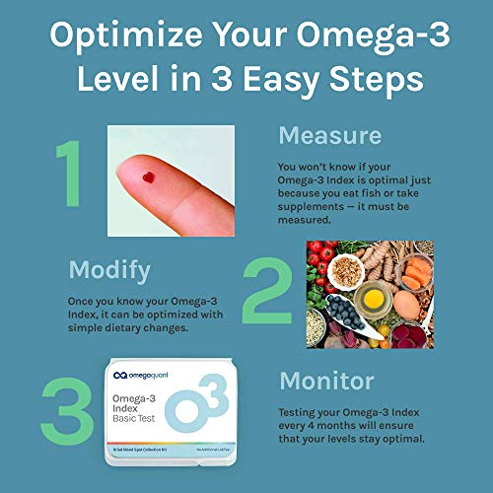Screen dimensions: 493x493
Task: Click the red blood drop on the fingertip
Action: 149,178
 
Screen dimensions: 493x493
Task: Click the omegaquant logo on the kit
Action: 153,377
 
